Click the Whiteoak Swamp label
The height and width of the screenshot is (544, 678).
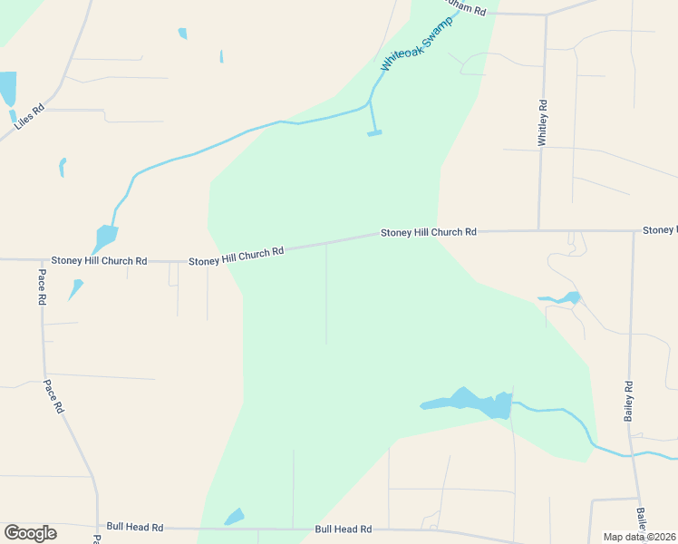(416, 44)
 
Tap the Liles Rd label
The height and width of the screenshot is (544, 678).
(29, 121)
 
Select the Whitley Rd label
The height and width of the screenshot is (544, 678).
(543, 122)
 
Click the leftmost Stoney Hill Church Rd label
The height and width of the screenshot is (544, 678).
(99, 261)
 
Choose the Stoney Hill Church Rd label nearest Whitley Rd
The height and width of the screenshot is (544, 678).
(428, 232)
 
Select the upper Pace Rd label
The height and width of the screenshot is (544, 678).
(42, 286)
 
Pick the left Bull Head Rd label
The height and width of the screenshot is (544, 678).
(134, 527)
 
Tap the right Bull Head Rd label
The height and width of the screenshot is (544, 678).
(343, 529)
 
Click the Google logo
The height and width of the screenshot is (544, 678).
(30, 533)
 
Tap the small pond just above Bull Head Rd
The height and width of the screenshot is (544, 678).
(235, 516)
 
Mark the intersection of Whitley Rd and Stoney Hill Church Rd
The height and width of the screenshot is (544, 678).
(539, 230)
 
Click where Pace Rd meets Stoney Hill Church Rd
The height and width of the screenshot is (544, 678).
(40, 260)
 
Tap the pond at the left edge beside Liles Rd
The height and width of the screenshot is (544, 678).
(7, 89)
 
